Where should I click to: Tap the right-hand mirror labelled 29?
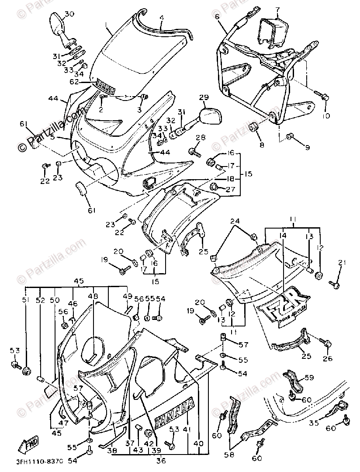211,117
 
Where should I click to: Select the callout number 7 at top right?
277,10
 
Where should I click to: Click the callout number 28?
200,138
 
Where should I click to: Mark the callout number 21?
342,262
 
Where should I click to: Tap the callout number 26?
328,359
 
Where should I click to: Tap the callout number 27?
231,189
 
